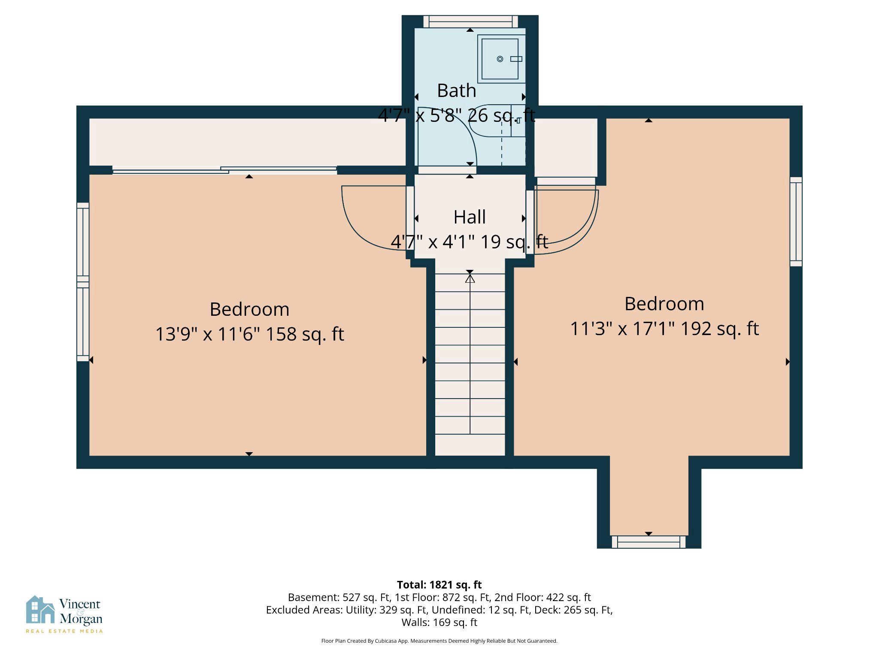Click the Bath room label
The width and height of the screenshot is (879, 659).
tap(456, 91)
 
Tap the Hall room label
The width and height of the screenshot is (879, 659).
tap(470, 217)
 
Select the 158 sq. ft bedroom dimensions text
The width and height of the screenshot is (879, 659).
tap(249, 334)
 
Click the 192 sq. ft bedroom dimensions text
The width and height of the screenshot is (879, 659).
tap(664, 329)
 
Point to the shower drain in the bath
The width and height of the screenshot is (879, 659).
tap(500, 59)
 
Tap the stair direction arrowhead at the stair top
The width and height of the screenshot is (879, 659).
tap(470, 279)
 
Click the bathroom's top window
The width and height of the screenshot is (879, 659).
tap(470, 22)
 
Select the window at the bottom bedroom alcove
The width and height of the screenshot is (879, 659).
tap(649, 542)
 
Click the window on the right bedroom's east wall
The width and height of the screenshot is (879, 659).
tap(796, 221)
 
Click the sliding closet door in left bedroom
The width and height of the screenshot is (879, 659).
tap(224, 170)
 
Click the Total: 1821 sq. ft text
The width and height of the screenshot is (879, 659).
tap(439, 585)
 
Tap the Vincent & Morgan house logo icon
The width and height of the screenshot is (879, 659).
tap(40, 610)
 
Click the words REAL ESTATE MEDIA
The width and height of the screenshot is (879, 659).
tap(64, 631)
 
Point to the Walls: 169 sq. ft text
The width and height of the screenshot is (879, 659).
tap(439, 622)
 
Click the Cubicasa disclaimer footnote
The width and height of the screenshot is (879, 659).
tap(439, 641)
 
